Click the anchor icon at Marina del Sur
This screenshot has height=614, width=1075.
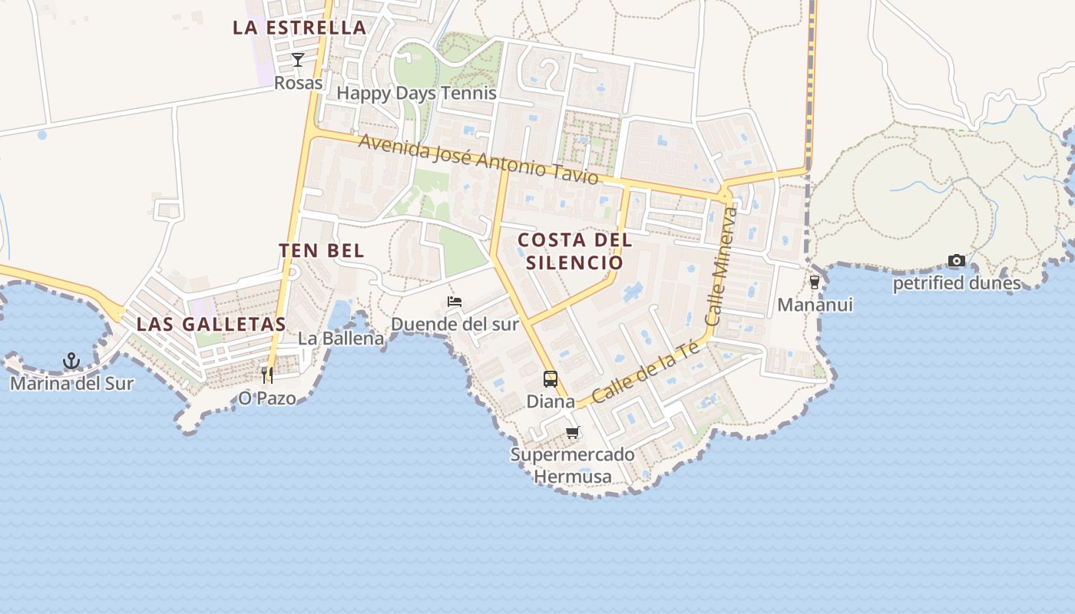(x=71, y=360)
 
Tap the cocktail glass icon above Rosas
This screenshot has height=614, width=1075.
(x=298, y=60)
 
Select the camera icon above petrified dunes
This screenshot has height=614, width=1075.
(x=956, y=261)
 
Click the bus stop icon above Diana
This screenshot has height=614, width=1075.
(x=551, y=378)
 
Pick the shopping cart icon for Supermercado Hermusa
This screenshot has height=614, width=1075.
(x=573, y=433)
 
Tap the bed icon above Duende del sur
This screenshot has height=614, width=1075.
(x=455, y=302)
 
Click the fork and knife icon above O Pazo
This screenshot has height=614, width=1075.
(x=267, y=375)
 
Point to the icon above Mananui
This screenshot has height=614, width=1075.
(x=815, y=282)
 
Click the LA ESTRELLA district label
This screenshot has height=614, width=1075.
(x=299, y=28)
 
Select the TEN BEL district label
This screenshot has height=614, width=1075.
(x=321, y=250)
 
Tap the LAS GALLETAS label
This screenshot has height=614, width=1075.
(x=211, y=324)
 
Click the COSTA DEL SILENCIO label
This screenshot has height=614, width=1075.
(x=575, y=251)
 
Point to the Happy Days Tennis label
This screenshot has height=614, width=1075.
(x=417, y=94)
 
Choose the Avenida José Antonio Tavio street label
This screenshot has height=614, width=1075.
(x=478, y=159)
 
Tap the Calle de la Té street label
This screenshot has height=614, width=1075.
(x=647, y=372)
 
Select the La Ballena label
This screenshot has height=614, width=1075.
(x=341, y=338)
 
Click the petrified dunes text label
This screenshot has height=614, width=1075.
(x=957, y=284)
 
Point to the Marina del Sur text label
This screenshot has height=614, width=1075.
(x=71, y=384)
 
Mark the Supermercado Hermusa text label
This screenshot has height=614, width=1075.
(x=573, y=466)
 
